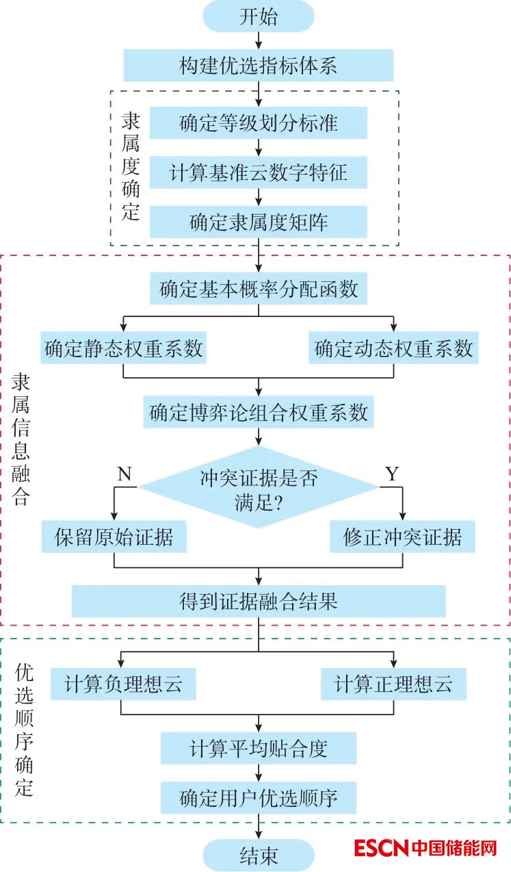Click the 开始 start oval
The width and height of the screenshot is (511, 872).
tap(259, 16)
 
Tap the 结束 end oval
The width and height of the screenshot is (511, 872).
tap(259, 855)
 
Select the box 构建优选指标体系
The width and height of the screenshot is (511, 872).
tap(259, 66)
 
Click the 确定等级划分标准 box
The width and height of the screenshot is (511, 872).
tap(259, 123)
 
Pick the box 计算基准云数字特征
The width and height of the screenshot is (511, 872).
tap(259, 172)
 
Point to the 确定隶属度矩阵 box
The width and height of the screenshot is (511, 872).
tap(259, 222)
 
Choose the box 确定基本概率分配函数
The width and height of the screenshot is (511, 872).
tap(259, 288)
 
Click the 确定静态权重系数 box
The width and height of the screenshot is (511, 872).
tap(124, 348)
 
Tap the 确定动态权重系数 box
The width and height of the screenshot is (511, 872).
tap(393, 348)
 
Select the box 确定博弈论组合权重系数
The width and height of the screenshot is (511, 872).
tap(259, 412)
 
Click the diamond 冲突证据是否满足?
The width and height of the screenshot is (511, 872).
tap(259, 487)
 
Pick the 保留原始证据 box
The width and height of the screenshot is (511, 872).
tap(114, 537)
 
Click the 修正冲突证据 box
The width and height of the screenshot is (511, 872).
tap(402, 537)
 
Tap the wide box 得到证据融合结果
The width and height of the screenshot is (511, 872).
tap(259, 601)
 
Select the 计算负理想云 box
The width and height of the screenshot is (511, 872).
tap(123, 684)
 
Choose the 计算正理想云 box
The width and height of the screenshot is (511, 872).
tap(393, 684)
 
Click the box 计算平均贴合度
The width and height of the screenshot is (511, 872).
tap(259, 748)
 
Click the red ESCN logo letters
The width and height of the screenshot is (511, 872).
tap(381, 849)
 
